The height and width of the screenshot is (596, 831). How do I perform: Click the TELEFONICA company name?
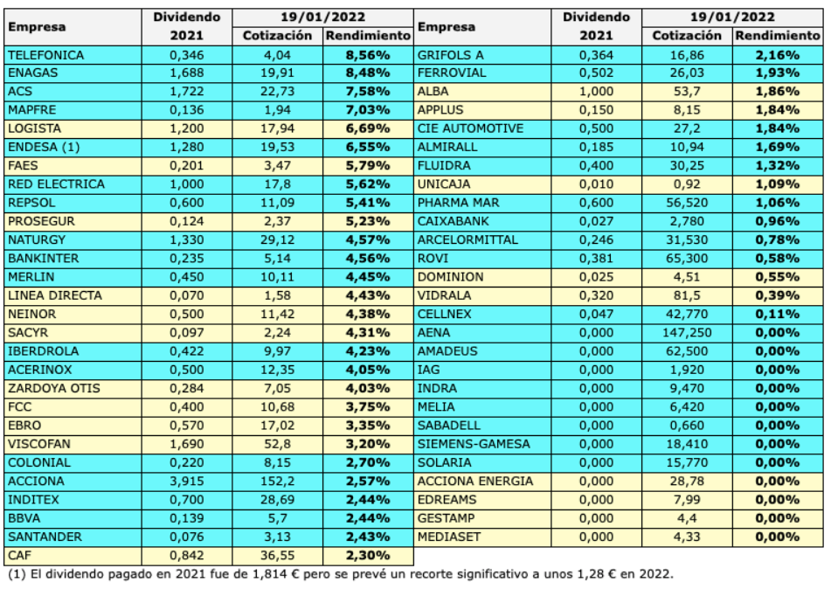point(45,55)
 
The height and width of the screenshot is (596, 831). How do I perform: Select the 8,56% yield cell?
point(368,55)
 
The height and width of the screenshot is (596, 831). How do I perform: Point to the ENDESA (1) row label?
point(43,148)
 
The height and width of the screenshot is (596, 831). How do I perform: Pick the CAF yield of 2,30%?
point(368,555)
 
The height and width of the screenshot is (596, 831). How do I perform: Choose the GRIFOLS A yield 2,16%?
point(779,55)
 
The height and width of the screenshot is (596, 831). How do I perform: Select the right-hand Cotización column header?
point(687,36)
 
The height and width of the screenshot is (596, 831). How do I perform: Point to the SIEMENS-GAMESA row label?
point(474,444)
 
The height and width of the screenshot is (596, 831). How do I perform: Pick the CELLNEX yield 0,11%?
point(779,314)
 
